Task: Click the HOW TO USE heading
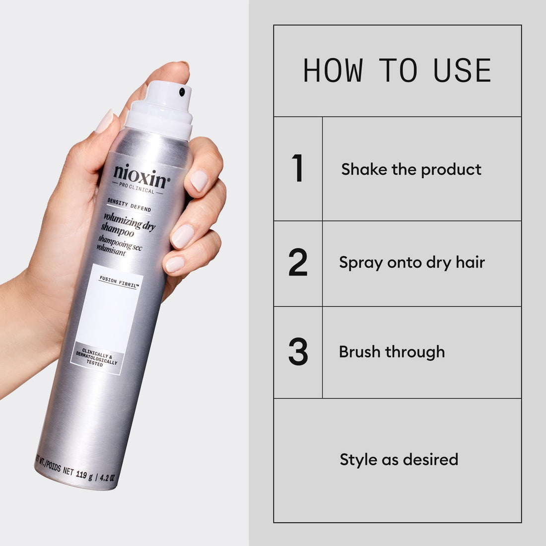pos(397,71)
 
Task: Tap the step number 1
pos(297,169)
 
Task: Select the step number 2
pos(298,263)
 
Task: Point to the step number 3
pos(298,352)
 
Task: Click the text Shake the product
pos(411,169)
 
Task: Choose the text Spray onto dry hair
pos(411,262)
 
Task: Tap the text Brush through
pos(392,352)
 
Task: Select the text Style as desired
pos(399,459)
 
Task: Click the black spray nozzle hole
pos(182,91)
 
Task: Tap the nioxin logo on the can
pos(141,173)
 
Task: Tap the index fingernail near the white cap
pos(104,121)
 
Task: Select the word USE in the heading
pos(462,71)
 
